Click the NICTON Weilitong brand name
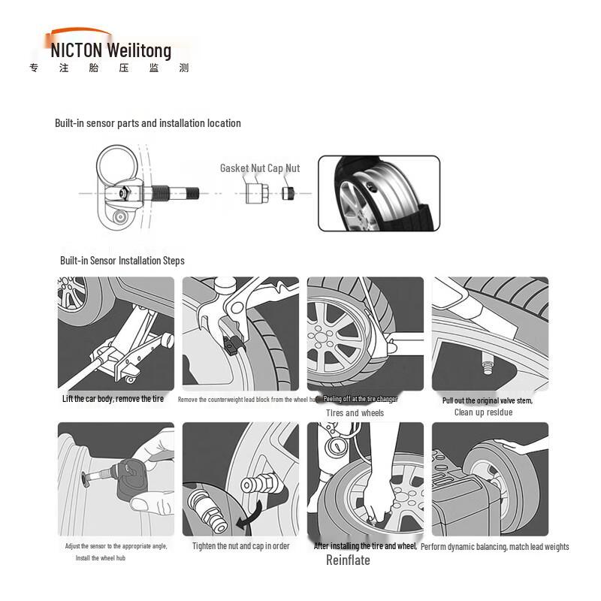111,51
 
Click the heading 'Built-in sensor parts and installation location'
148,123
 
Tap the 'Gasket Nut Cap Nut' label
260,168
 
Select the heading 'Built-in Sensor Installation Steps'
122,261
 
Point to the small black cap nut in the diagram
288,194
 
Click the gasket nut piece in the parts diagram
255,193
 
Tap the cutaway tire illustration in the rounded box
379,193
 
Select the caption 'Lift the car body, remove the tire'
113,399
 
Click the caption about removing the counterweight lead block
249,400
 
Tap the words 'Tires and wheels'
355,413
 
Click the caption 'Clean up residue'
483,412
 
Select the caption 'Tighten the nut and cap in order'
240,546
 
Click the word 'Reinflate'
348,560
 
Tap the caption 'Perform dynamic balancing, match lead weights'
494,547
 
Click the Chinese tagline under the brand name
109,68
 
